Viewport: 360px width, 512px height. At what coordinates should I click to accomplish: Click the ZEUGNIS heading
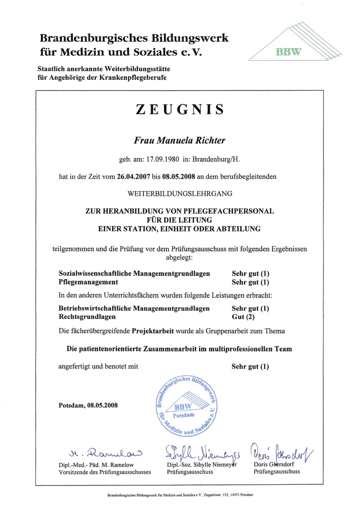pos(180,110)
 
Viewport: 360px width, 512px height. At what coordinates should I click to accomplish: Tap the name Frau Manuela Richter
pos(179,140)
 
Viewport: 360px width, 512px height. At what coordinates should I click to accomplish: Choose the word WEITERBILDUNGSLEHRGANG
pos(180,194)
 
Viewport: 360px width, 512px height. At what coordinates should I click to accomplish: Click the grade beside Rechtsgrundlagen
pos(243,317)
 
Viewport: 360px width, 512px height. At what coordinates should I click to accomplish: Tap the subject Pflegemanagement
pos(89,282)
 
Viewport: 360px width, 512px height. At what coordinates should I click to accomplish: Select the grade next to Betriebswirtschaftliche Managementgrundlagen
pos(250,309)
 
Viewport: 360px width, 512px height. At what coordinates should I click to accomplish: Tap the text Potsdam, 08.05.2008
pos(89,406)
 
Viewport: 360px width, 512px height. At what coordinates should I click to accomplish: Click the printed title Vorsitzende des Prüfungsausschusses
pos(105,472)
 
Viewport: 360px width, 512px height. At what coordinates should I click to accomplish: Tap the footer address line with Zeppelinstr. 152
pos(180,495)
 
